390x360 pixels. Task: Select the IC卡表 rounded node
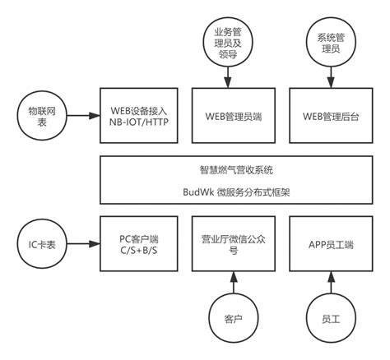39,244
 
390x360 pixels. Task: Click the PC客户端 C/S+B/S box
137,244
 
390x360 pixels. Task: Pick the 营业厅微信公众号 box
233,244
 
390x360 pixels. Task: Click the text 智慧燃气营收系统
233,171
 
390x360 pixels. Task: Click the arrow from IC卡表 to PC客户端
81,244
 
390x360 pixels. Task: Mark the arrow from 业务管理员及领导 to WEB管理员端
227,75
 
